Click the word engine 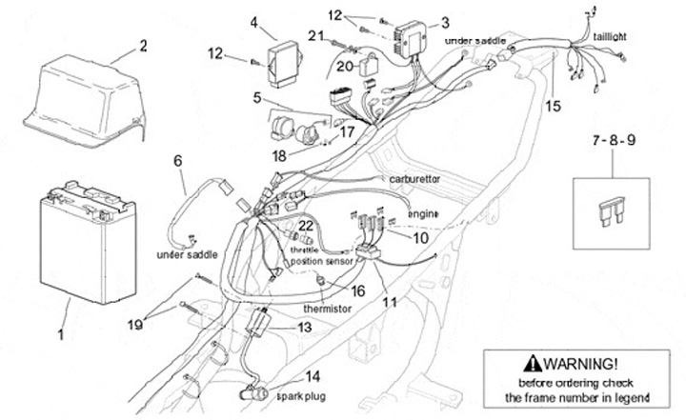click(x=422, y=214)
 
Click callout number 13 click(x=303, y=327)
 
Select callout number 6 click(x=176, y=161)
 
